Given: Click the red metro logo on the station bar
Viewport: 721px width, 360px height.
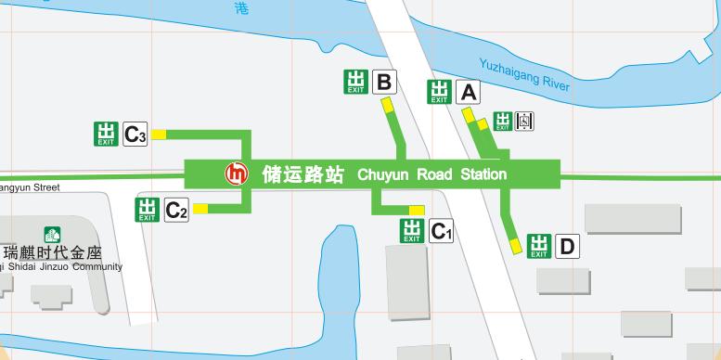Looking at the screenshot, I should click(238, 174).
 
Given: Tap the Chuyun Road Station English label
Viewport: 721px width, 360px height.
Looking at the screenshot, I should click(431, 174).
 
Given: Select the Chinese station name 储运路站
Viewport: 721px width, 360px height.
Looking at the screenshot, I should click(303, 174).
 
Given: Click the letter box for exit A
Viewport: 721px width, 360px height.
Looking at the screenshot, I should click(469, 92).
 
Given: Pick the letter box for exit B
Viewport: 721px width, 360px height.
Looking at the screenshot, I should click(383, 82).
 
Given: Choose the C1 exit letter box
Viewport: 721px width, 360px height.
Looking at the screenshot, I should click(442, 230).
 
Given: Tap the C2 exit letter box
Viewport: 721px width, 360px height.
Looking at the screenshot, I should click(176, 211).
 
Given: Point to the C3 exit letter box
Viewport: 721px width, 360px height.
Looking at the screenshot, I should click(135, 135).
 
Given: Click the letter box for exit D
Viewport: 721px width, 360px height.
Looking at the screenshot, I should click(567, 246).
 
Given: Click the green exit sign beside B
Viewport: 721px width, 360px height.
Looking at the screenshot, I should click(355, 82).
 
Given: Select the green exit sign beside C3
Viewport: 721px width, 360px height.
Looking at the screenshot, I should click(107, 134).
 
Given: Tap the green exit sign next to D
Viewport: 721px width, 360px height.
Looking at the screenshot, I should click(539, 246).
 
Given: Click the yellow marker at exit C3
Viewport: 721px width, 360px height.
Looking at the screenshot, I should click(159, 135).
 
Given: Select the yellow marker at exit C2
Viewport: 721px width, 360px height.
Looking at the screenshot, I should click(200, 209).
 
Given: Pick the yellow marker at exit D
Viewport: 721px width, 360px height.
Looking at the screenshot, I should click(516, 245).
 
